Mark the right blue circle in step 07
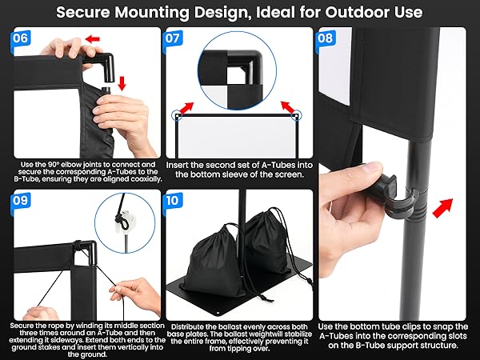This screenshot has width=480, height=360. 297,114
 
